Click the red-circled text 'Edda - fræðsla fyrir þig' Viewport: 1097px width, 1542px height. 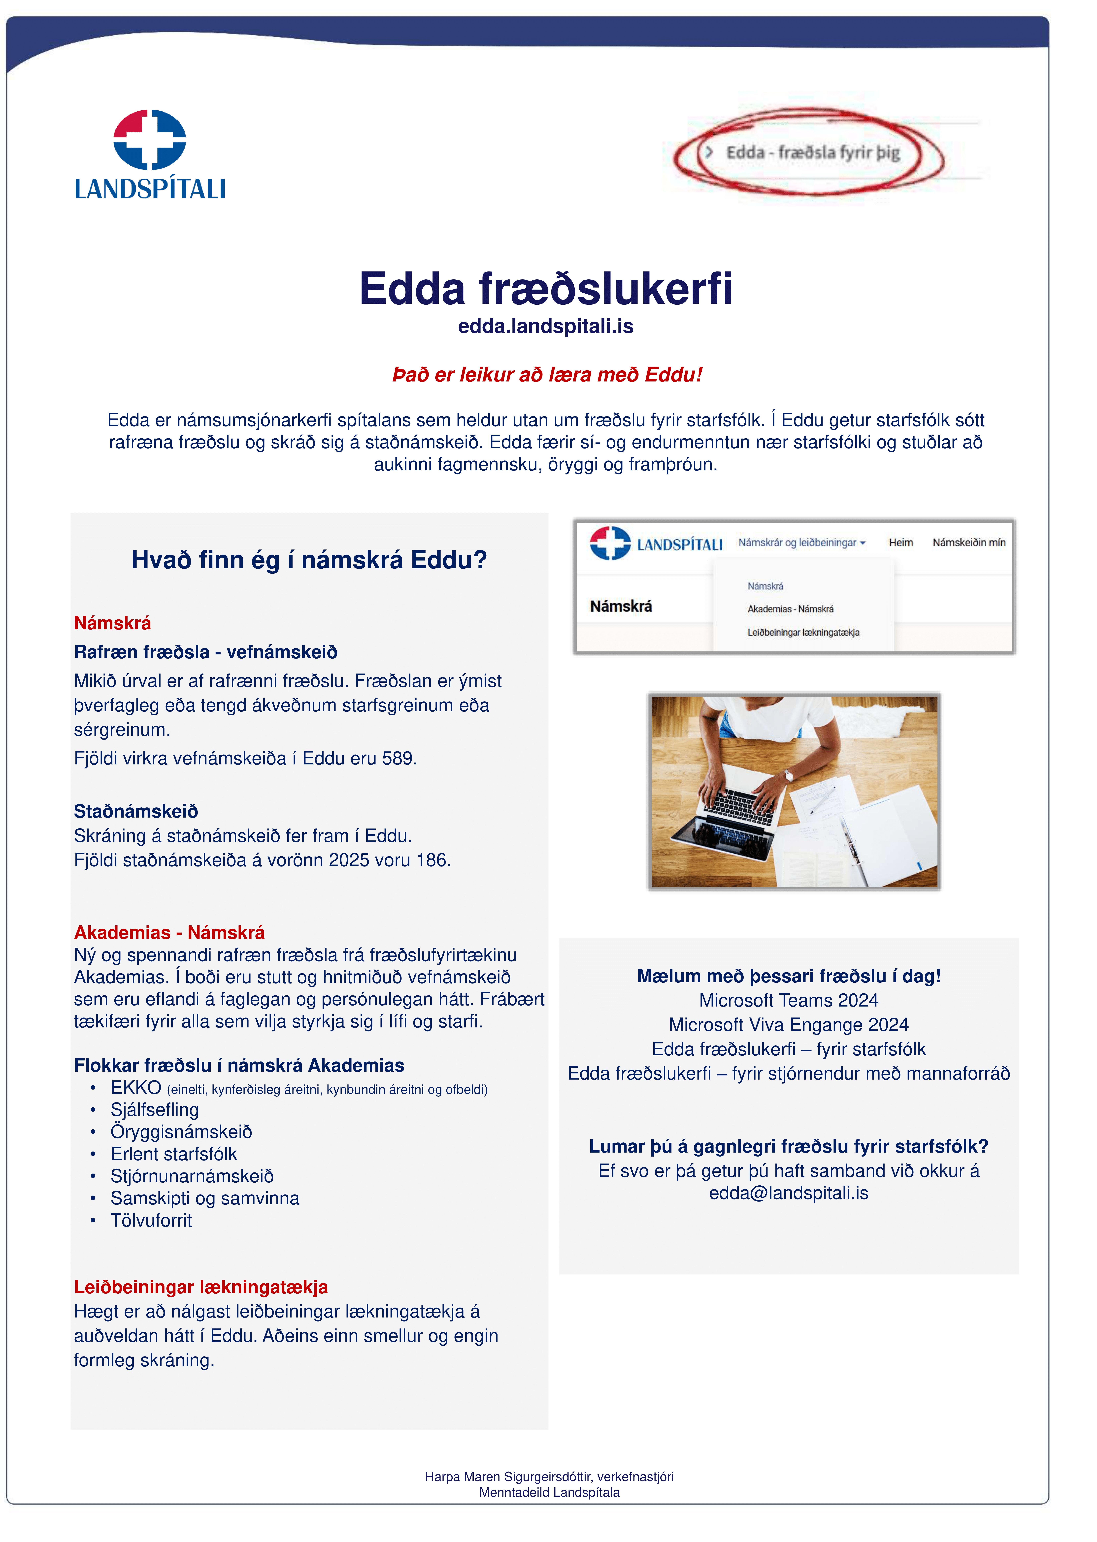point(813,153)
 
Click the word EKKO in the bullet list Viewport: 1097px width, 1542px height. point(136,1088)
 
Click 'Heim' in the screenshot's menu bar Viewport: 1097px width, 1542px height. point(900,543)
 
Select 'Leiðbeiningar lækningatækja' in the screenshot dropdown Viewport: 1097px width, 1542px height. point(803,633)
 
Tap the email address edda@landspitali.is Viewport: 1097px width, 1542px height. point(788,1193)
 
